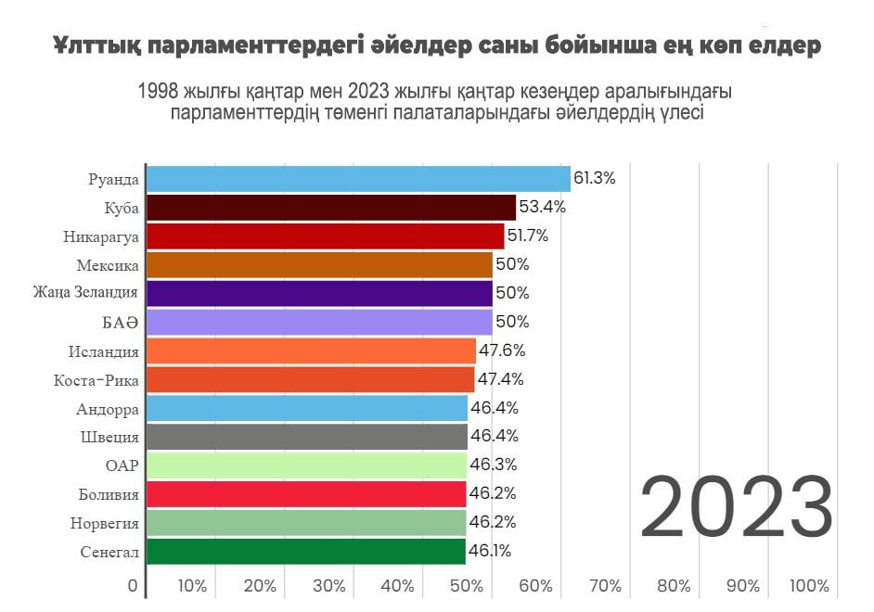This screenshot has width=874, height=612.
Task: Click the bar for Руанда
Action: pos(358,179)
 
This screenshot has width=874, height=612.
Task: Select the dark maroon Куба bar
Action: pos(331,208)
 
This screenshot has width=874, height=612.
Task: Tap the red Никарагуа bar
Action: pos(325,236)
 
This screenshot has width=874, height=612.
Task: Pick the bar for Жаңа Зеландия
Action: pos(319,294)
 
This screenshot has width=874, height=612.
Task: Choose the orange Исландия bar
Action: pos(311,351)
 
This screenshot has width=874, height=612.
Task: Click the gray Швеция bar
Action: pos(307,437)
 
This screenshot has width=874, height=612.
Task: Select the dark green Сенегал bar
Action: pos(305,552)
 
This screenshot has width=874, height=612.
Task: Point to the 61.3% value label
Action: pos(595,178)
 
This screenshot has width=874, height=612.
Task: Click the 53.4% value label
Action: pos(542,207)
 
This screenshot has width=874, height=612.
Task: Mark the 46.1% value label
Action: pos(490,551)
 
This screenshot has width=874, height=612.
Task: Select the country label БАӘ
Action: pos(121,323)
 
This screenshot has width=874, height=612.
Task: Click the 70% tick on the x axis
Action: pos(605,586)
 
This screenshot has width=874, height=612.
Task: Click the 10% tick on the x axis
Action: pos(191,586)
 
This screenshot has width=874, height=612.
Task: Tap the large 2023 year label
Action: pos(736,507)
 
